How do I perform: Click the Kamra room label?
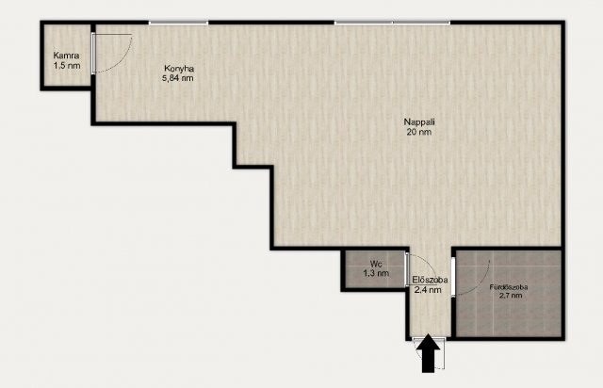click(x=66, y=56)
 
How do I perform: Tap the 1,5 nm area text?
click(x=67, y=65)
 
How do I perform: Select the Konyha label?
click(x=179, y=69)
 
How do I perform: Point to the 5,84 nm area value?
click(x=178, y=78)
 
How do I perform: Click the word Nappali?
click(x=419, y=122)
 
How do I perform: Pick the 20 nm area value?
click(x=418, y=132)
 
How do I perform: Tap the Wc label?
click(x=376, y=265)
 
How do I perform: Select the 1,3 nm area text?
click(x=376, y=273)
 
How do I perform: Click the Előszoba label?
click(x=430, y=280)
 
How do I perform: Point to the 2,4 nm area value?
click(x=428, y=290)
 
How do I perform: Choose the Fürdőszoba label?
click(x=509, y=287)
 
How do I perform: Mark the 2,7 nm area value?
click(x=511, y=296)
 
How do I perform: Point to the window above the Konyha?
click(x=178, y=23)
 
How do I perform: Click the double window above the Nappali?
click(x=392, y=23)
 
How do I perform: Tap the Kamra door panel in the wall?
click(x=93, y=54)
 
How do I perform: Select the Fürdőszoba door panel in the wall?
click(x=453, y=277)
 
